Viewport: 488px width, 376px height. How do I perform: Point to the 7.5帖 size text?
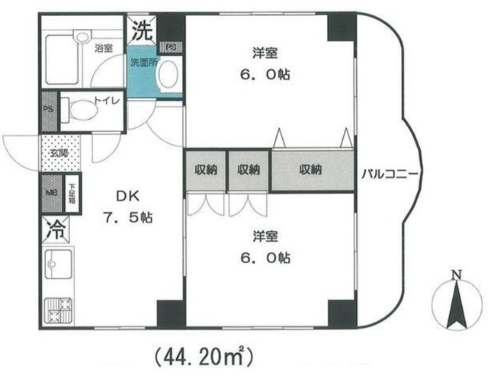pos(129,217)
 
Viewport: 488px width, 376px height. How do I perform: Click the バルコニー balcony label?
pos(388,172)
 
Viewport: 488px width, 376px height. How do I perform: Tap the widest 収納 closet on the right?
pos(310,170)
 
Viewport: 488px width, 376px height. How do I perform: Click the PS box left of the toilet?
pos(48,110)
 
